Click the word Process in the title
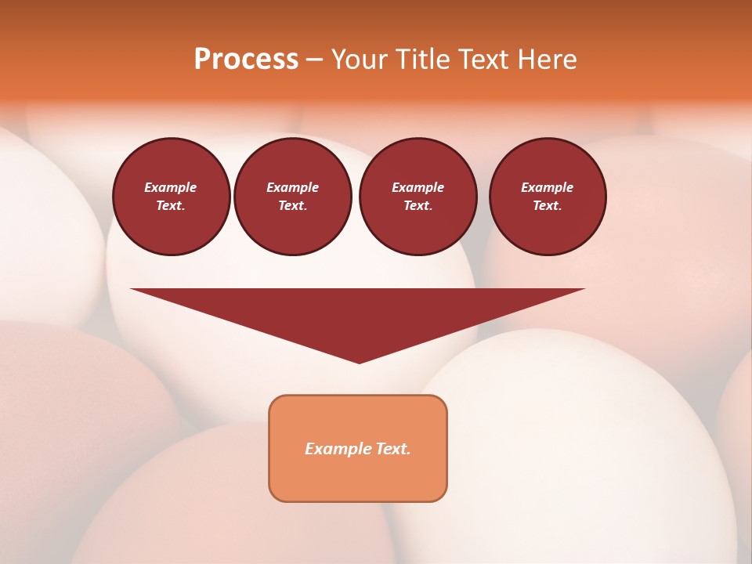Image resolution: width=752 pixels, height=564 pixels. [246, 60]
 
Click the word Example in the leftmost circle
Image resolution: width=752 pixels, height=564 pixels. [171, 187]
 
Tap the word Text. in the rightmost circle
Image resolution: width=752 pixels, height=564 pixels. [548, 205]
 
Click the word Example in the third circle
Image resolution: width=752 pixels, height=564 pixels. [418, 187]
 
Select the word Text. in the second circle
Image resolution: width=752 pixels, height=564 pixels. [293, 205]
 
